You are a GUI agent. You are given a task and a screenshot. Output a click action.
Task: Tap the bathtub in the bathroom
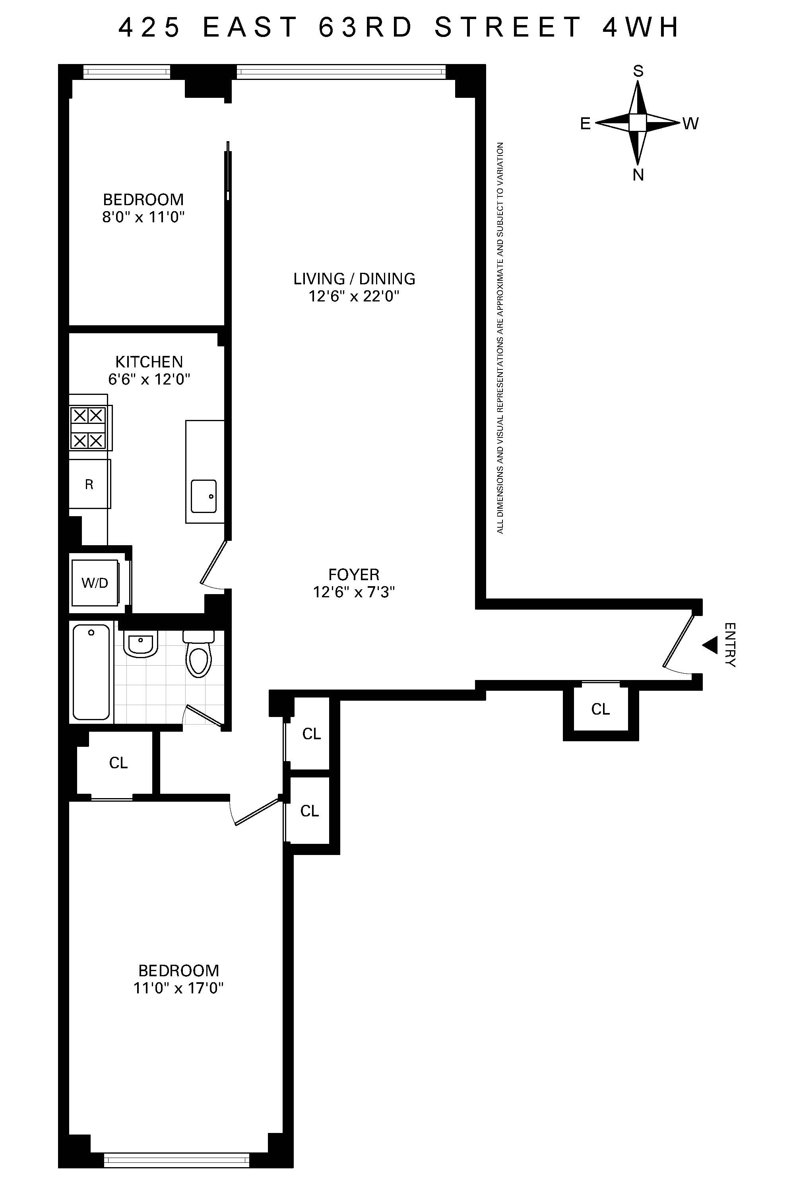pos(91,672)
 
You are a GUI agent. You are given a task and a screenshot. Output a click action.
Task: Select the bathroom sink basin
pos(140,644)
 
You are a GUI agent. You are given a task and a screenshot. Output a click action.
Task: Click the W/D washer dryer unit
pos(95,583)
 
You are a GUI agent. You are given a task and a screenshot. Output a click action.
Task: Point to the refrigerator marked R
pos(89,484)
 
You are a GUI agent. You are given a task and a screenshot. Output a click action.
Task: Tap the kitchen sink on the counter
pos(204,496)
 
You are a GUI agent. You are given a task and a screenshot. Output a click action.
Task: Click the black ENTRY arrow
pos(710,645)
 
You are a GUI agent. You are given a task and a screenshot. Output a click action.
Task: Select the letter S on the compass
pos(638,72)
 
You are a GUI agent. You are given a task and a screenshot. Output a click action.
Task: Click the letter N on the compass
pos(638,175)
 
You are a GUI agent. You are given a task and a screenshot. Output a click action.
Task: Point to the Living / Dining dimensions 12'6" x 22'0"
pos(354,296)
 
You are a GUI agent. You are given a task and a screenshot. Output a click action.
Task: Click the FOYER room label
pos(354,575)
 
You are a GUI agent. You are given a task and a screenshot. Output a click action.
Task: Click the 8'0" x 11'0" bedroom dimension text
pos(143,218)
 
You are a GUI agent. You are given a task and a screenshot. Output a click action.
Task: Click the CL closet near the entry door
pos(600,709)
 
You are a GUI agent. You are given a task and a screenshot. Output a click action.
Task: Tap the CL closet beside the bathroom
pos(118,763)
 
